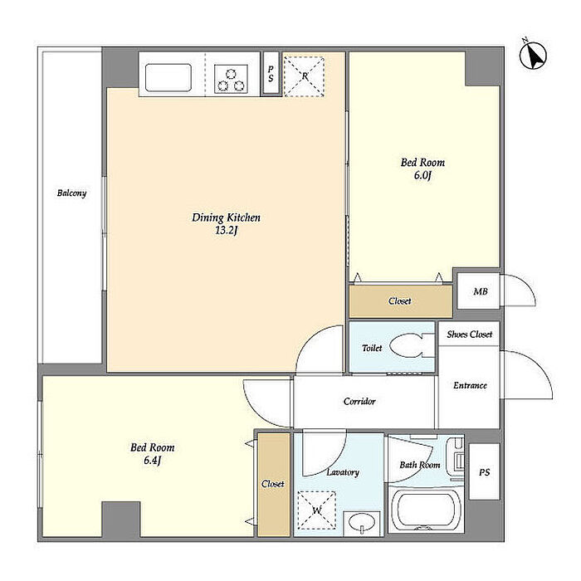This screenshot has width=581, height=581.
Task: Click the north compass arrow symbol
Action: (x=533, y=56)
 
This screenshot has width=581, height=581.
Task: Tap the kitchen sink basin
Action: (x=168, y=78)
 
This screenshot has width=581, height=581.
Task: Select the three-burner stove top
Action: (x=232, y=79)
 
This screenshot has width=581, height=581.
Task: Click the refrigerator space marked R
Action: (x=305, y=76)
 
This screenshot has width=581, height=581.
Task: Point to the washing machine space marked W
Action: (x=317, y=510)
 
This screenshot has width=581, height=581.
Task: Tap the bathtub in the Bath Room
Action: (x=427, y=510)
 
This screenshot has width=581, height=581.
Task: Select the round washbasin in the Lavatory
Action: (x=362, y=524)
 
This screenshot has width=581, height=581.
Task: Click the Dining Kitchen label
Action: (x=226, y=217)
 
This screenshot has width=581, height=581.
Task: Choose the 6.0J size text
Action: (x=422, y=175)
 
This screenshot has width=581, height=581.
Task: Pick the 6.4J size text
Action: (x=153, y=461)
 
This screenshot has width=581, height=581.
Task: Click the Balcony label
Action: (x=71, y=193)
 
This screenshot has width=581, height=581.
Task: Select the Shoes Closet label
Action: (x=470, y=334)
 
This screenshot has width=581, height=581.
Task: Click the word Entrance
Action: (x=471, y=385)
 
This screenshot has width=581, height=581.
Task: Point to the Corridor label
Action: (x=359, y=401)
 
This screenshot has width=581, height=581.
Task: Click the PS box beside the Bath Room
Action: (x=484, y=471)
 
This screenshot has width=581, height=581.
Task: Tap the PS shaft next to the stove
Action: (x=271, y=73)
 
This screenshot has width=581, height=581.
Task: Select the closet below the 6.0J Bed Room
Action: (x=401, y=300)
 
